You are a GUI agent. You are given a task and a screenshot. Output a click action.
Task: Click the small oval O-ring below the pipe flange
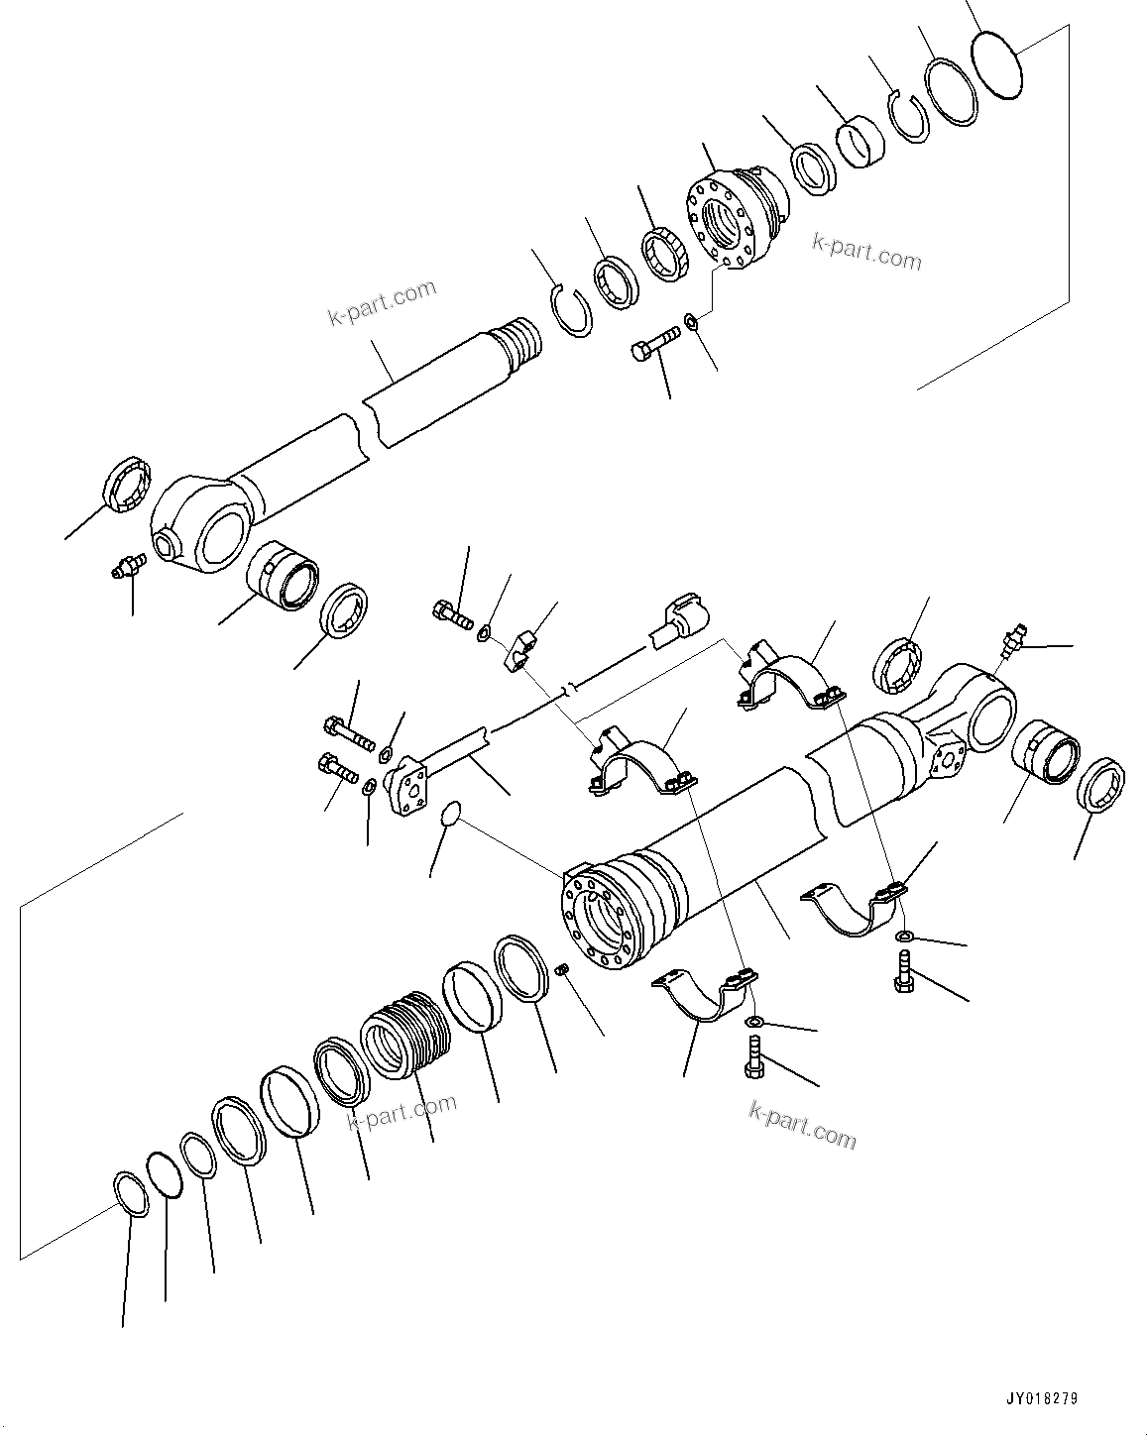coord(449,814)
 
